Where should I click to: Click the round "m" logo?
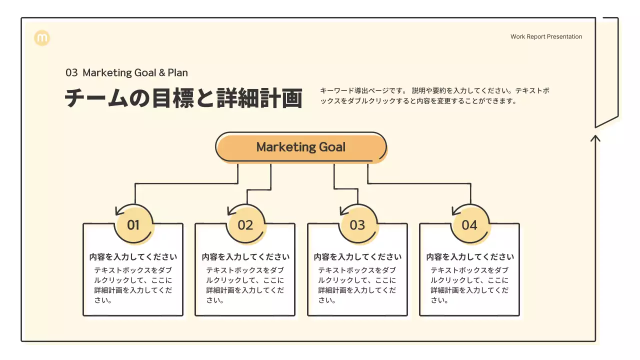point(42,38)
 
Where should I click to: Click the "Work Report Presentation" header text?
point(546,36)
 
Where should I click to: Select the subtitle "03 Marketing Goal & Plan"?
point(126,72)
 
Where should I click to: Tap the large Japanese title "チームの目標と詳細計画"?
point(183,98)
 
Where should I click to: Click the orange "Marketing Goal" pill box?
point(301,147)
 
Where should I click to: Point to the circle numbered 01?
point(133,225)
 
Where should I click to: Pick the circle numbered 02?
point(245,225)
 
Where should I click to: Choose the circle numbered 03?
point(357,225)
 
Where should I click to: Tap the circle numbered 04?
point(469,225)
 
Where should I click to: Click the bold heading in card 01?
point(133,257)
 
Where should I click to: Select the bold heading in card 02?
point(245,257)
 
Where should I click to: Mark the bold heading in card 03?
point(357,257)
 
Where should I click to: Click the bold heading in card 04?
point(470,257)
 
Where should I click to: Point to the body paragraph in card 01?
point(133,285)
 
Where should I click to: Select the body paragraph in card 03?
point(357,285)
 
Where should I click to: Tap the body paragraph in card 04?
point(470,285)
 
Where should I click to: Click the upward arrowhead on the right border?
point(595,137)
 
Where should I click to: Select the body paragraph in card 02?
point(245,285)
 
